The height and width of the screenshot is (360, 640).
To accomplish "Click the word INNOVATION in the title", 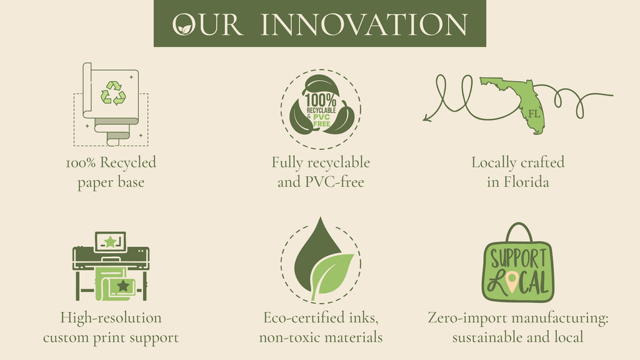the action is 364,24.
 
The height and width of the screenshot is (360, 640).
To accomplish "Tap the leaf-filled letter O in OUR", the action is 184,24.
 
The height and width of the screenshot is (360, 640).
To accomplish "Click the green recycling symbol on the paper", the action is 113,92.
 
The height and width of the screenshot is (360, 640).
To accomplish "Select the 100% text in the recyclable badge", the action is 321,100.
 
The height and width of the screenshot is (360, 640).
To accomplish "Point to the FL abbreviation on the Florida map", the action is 534,114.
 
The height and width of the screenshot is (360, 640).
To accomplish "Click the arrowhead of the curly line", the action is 426,117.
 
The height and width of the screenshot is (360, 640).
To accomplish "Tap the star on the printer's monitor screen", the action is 110,242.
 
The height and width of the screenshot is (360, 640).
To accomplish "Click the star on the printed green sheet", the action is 123,285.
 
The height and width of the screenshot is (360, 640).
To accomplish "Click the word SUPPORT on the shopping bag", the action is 518,259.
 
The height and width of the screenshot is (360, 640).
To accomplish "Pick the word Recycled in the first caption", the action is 127,163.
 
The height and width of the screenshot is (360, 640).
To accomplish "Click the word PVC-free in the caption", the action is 335,182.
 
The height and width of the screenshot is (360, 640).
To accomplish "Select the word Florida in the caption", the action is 526,182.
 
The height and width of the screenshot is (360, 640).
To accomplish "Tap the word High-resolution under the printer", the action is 111,318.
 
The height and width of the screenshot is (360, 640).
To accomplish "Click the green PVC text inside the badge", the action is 322,117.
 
